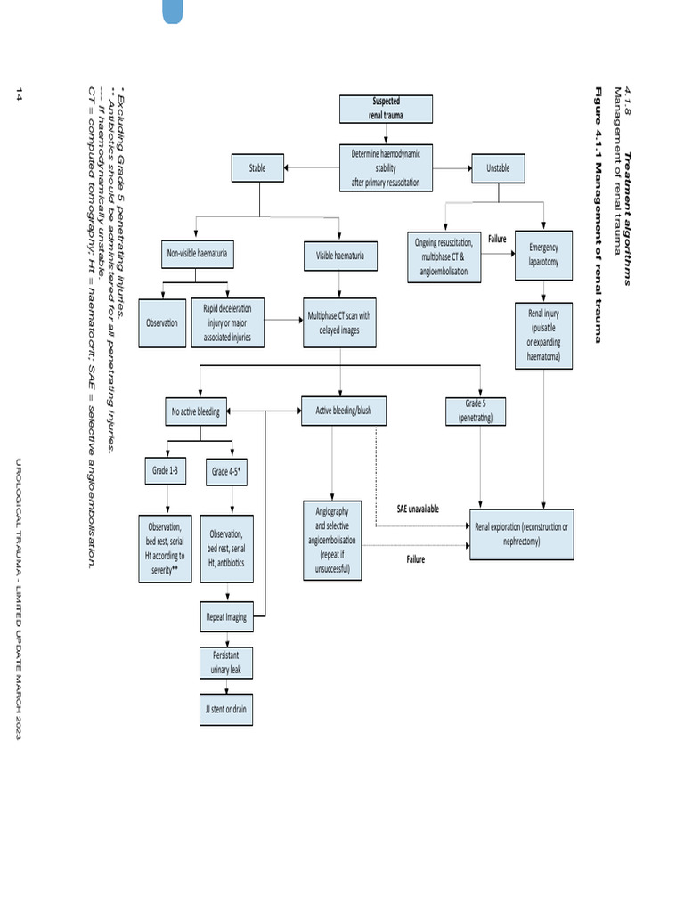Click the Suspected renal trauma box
(386, 108)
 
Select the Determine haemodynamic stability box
(386, 167)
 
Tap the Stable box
(257, 167)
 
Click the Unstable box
(498, 167)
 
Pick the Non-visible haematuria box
(198, 255)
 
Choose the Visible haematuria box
(340, 256)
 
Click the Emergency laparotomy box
(543, 256)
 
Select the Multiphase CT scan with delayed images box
(339, 322)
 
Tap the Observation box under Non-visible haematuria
(162, 323)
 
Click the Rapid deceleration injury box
(228, 323)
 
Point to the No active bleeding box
(196, 411)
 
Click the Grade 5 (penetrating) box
(476, 411)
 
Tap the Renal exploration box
(521, 533)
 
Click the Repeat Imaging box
(226, 616)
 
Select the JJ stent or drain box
(225, 709)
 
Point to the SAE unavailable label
(418, 509)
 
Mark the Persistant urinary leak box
(225, 662)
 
